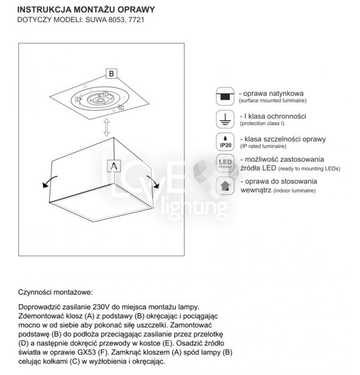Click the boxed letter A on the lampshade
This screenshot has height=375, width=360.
coord(113,165)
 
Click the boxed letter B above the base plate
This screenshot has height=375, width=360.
coord(111,73)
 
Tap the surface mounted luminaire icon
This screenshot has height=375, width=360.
coord(224,96)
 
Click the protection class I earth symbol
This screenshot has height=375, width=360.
coord(224,119)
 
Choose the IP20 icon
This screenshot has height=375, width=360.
coord(224,141)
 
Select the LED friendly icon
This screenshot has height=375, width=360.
coord(224,164)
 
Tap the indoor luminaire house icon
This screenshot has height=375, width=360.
coord(224,186)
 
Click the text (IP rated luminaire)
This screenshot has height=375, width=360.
coord(263,146)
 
